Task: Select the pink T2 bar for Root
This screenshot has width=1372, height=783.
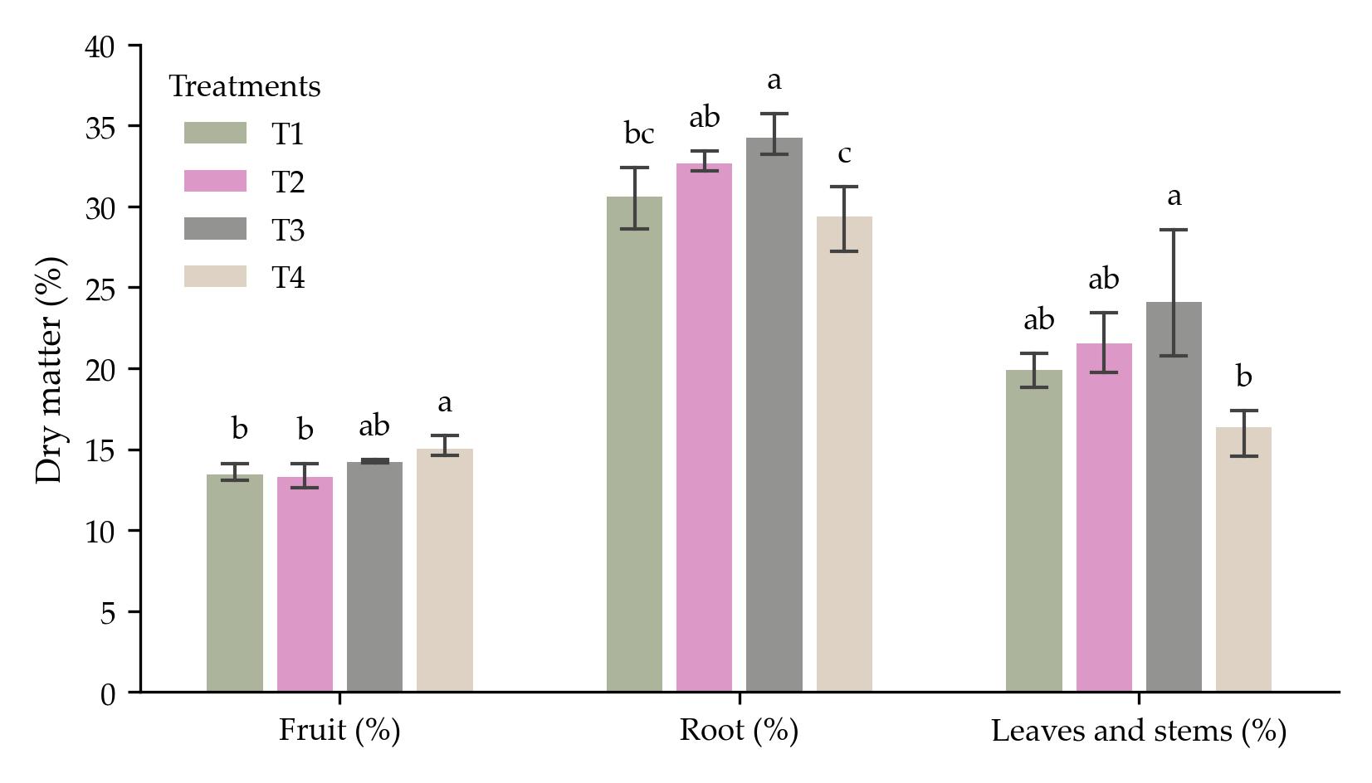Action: pos(704,427)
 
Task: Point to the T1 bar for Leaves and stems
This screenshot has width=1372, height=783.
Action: pos(1033,531)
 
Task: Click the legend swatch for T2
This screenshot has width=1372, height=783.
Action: pos(215,181)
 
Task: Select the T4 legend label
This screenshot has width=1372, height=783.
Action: pos(288,278)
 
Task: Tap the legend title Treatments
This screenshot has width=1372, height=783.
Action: pos(245,86)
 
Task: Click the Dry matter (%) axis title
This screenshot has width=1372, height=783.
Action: pos(50,369)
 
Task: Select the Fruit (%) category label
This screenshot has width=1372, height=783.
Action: pos(339,731)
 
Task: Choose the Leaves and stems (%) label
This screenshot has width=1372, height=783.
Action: pos(1139,731)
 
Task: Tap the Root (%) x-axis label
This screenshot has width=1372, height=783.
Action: pos(739,731)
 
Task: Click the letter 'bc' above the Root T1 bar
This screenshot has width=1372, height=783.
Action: pos(639,134)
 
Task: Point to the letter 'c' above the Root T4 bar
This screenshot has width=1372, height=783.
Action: pos(844,154)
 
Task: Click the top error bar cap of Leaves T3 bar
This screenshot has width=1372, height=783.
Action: pos(1174,230)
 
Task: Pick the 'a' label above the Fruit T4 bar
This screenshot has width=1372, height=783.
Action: pos(445,404)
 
